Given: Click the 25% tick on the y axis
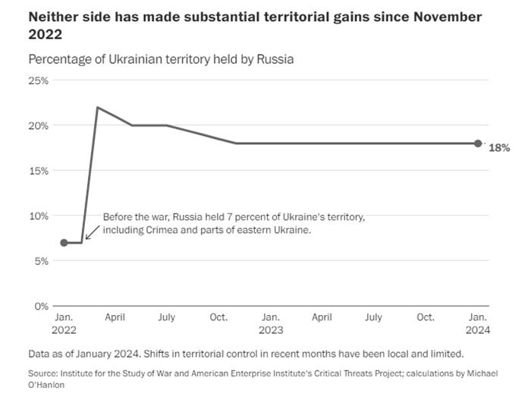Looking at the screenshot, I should [39, 80].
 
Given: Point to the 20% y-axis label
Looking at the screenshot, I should [39, 125].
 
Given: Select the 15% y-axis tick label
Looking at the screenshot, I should [39, 171].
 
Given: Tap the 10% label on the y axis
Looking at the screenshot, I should [39, 216].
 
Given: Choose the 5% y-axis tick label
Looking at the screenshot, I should [42, 261].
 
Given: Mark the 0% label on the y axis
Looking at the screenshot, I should [42, 306].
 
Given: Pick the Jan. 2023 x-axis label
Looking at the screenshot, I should [270, 323].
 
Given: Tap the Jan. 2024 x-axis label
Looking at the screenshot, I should [478, 323].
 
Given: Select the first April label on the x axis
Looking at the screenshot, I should [115, 317].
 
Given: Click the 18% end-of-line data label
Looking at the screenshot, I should [498, 148].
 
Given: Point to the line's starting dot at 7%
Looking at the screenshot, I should [64, 243].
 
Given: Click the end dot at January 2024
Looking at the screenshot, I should [478, 143].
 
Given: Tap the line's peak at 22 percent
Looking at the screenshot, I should [98, 108].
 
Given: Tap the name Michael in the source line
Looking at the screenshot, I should [478, 373].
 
